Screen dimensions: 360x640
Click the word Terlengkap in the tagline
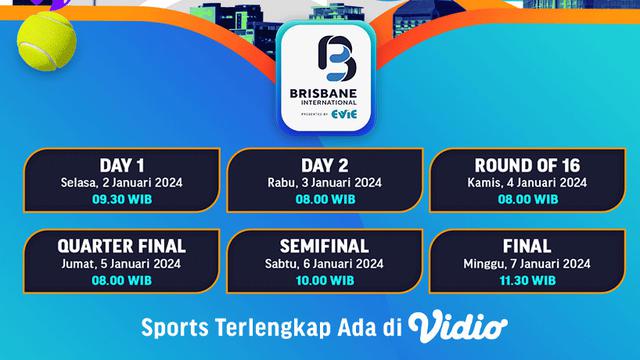pyautogui.click(x=264, y=327)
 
